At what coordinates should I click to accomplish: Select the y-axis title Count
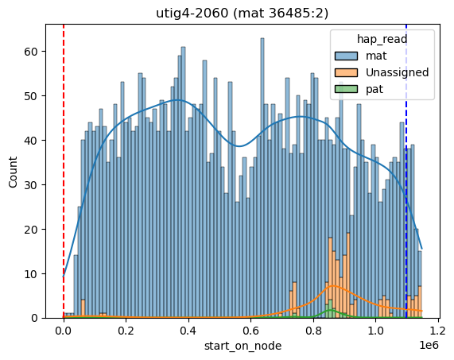tap(13, 172)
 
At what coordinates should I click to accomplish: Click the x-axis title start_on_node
tap(243, 346)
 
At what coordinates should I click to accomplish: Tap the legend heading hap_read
tap(382, 39)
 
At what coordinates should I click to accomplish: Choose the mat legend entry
tap(360, 56)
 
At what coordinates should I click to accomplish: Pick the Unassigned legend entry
tap(382, 72)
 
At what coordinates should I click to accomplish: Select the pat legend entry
tap(359, 89)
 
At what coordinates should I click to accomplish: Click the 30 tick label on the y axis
tap(31, 185)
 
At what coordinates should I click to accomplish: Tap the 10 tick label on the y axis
tap(31, 273)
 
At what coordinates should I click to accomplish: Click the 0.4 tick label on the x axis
tap(188, 330)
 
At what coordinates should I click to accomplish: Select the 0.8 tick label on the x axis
tap(313, 330)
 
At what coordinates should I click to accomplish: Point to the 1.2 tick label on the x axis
tap(438, 330)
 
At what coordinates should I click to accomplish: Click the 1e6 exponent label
tap(429, 345)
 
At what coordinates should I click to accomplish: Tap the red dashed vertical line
tap(64, 172)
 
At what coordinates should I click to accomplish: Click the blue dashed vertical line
tap(406, 172)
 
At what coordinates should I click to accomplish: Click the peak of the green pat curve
tap(331, 310)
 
